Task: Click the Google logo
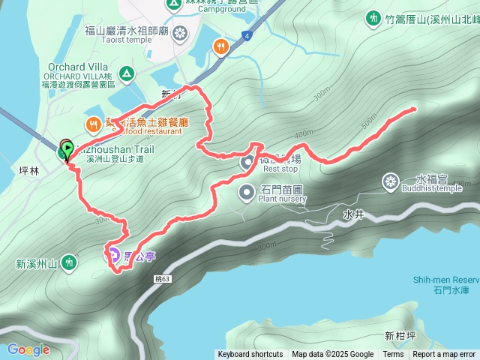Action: coord(28,349)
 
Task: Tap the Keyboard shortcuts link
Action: coord(250,355)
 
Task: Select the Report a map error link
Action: coord(444,355)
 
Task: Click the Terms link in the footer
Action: coord(393,355)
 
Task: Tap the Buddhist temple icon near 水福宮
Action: coord(391,181)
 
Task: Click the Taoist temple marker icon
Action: coord(180,33)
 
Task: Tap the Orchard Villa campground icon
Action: coord(127,73)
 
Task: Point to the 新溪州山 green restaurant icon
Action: coord(70,262)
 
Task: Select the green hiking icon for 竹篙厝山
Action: coord(373,17)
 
